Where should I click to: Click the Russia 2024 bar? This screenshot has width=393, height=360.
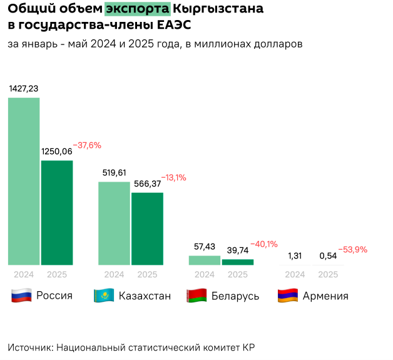[x=24, y=181]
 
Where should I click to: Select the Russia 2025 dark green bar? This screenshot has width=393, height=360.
[x=57, y=212]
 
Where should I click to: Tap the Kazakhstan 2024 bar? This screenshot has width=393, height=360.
[x=114, y=223]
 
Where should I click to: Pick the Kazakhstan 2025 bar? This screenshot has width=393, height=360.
[x=147, y=229]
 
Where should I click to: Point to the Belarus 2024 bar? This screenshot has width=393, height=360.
[x=205, y=260]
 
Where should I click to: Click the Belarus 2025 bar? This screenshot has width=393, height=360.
[x=238, y=262]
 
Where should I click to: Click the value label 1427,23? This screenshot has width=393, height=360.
[x=24, y=89]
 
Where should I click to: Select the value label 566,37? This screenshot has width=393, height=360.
[x=148, y=183]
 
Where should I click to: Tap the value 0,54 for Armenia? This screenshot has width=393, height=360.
[x=328, y=255]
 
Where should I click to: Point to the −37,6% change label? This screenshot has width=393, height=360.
[x=87, y=145]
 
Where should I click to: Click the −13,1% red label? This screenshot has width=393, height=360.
[x=173, y=178]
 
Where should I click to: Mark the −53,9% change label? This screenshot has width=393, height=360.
[x=353, y=249]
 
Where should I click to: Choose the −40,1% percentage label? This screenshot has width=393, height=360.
[x=263, y=244]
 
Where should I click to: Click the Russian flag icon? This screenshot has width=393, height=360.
[x=21, y=296]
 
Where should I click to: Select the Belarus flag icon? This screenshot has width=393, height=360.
[x=196, y=296]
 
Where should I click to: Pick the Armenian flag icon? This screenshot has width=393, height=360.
[x=287, y=296]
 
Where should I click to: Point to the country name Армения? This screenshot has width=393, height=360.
[x=325, y=296]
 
